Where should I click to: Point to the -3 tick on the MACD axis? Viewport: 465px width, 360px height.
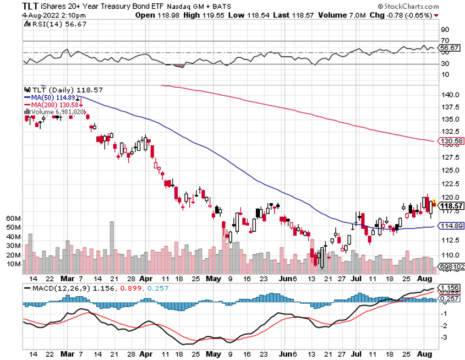pos(445,337)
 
